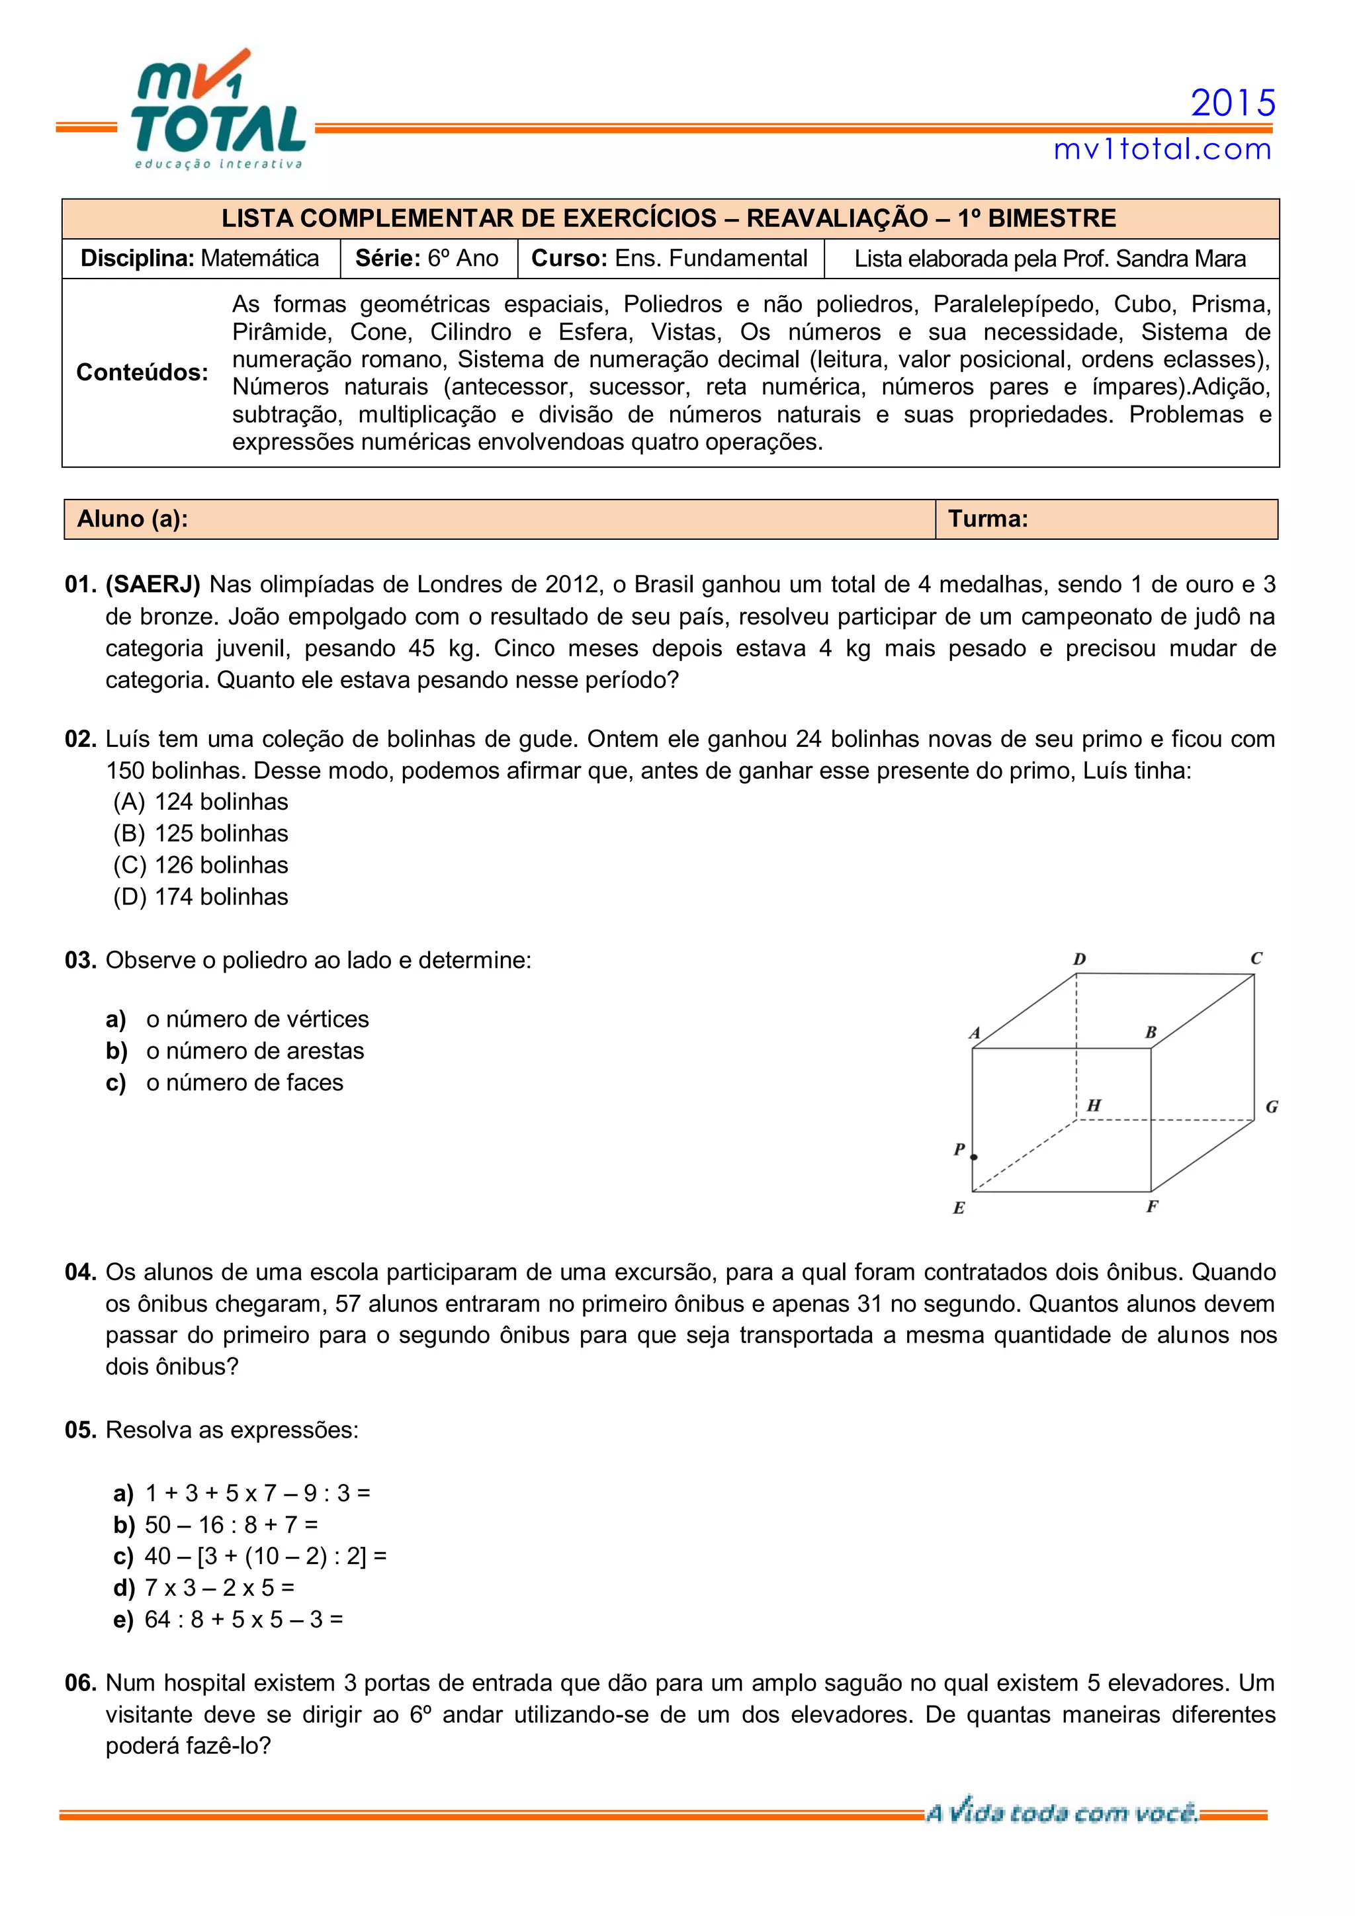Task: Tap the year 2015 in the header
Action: click(x=1233, y=103)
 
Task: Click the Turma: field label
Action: click(x=988, y=519)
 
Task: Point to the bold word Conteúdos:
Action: click(x=142, y=372)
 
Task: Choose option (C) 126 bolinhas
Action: click(x=201, y=865)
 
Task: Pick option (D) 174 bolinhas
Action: click(x=201, y=897)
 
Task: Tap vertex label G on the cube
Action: click(x=1272, y=1108)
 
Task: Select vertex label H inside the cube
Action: click(x=1094, y=1106)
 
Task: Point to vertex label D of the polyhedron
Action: click(x=1079, y=960)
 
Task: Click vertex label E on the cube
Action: click(x=959, y=1208)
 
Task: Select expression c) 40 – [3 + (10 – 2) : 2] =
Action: click(x=250, y=1556)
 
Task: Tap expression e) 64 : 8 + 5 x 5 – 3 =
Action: click(x=229, y=1620)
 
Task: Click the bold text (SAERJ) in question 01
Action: click(x=153, y=585)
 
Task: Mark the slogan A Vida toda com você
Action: click(x=1061, y=1813)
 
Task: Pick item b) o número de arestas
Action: click(x=236, y=1051)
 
